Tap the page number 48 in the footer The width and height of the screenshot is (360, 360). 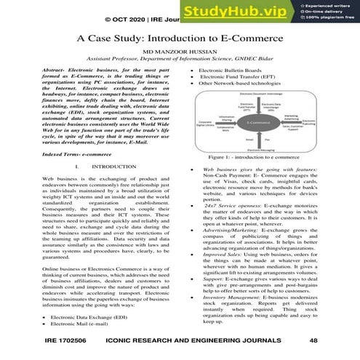[x=313, y=340]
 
